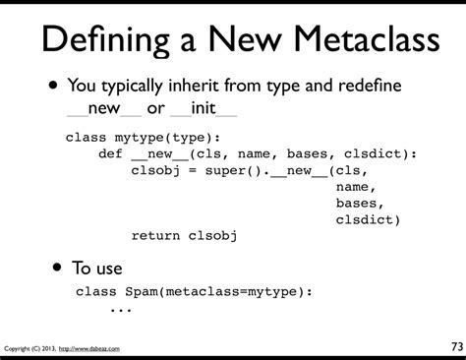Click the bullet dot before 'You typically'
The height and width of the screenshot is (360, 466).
click(47, 86)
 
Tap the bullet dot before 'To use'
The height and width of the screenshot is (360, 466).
click(60, 267)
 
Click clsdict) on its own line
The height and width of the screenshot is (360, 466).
click(369, 218)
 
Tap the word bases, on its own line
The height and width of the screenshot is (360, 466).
click(361, 203)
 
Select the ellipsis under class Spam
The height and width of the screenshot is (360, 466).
click(120, 309)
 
